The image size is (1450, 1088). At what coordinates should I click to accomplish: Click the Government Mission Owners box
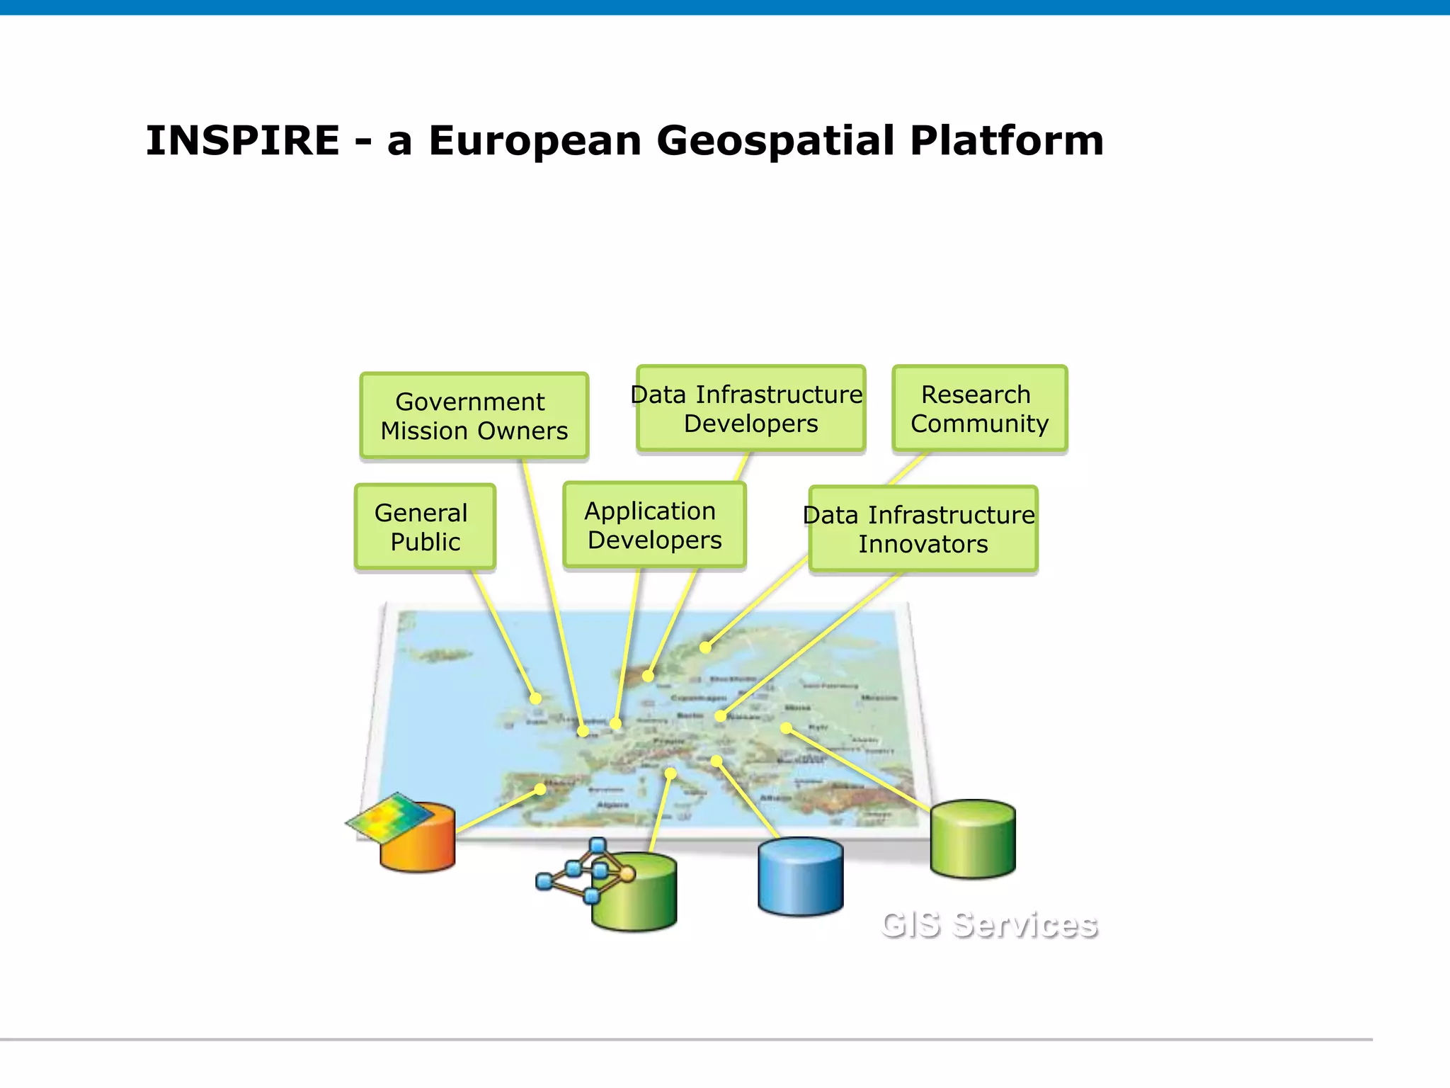[474, 416]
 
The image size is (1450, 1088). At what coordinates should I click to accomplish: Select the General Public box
[424, 527]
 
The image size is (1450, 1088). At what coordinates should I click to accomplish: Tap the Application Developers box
[654, 525]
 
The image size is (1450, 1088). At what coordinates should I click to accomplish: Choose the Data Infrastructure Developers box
[750, 409]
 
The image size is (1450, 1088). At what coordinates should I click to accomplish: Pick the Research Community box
[979, 409]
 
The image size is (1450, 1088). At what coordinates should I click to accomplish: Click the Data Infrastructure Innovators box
[923, 529]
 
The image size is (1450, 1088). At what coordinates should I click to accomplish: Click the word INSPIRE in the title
[243, 140]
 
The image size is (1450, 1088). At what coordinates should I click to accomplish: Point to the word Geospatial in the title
[776, 140]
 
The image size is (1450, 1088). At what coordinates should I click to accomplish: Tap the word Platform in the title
[1006, 140]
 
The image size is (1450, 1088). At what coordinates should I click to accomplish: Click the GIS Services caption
[989, 925]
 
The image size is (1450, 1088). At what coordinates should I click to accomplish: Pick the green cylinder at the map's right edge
[972, 839]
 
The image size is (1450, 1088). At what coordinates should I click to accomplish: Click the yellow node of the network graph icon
[627, 874]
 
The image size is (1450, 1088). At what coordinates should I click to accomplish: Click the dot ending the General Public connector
[536, 698]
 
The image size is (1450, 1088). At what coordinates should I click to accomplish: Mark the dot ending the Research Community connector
[705, 647]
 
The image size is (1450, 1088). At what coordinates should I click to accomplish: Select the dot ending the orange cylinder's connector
[540, 788]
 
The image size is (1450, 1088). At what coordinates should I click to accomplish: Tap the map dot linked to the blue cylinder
[717, 761]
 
